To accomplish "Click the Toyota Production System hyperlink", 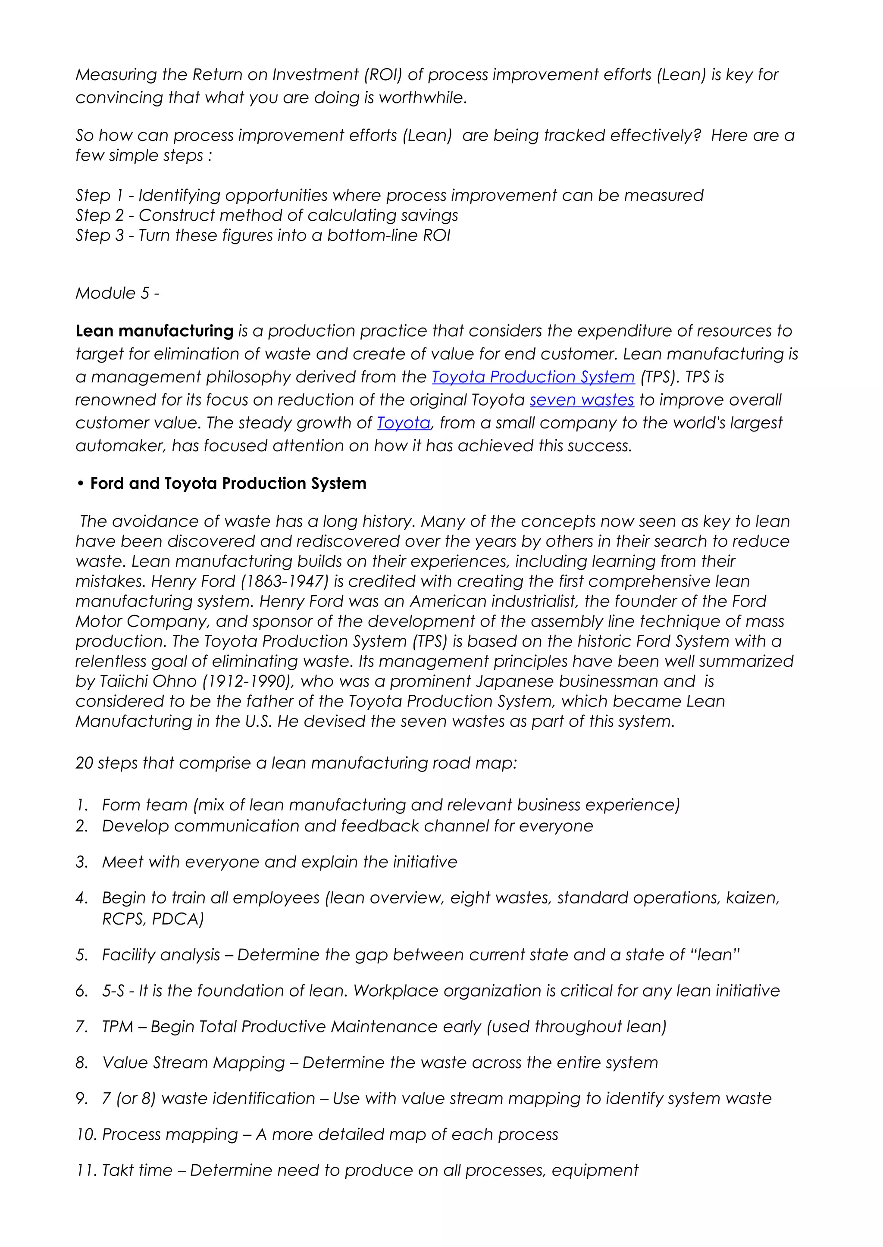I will (x=533, y=377).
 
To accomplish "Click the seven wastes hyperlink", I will (x=582, y=400).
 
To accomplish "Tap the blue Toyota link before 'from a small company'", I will (x=404, y=422).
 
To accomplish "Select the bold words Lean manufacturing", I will (x=154, y=331).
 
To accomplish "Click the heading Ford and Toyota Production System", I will (x=228, y=483).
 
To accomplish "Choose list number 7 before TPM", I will (x=81, y=1026).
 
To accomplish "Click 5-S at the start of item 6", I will (x=113, y=991).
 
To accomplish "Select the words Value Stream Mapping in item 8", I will (x=194, y=1062).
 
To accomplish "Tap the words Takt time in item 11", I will (x=137, y=1170).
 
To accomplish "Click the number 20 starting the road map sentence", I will (x=84, y=763).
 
